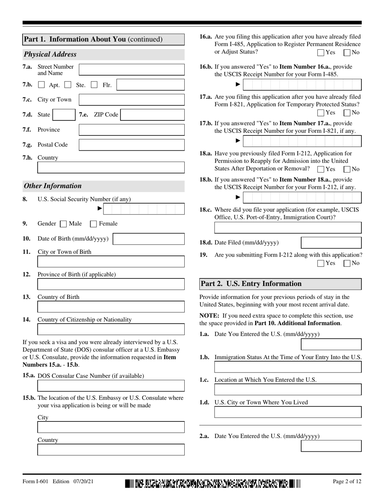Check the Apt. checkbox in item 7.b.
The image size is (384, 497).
tap(41, 85)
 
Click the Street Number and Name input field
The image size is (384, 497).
tap(131, 69)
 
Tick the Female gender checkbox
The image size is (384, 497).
tap(93, 224)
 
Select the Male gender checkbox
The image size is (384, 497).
tap(63, 224)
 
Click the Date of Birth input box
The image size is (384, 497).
tap(148, 239)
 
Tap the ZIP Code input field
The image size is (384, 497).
tap(152, 115)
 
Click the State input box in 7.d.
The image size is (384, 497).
tap(64, 115)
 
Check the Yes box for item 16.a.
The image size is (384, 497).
tap(321, 53)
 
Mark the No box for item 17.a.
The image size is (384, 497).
tap(347, 113)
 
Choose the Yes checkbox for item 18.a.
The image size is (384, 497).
tap(321, 169)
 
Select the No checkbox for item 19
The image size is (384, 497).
tap(347, 263)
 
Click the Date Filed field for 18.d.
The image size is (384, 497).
tap(331, 242)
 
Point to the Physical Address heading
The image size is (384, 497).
tap(50, 54)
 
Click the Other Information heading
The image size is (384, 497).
tap(53, 186)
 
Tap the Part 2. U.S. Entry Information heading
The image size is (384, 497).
tap(251, 284)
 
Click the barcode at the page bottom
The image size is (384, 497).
tap(213, 483)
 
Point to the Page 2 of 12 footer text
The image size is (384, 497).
tap(347, 481)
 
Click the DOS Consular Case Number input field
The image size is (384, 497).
tap(111, 385)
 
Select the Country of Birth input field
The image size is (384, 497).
tap(111, 307)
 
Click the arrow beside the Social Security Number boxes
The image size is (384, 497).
tap(100, 208)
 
